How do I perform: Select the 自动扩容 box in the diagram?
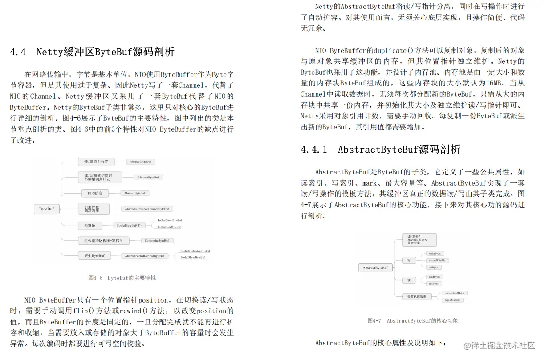tap(94, 193)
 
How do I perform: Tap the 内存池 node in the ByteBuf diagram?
tap(90, 226)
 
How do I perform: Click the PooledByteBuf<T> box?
tap(129, 226)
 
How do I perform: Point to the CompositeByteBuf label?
tap(157, 241)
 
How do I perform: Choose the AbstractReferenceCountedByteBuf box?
tap(146, 209)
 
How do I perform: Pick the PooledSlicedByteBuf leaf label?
tap(192, 257)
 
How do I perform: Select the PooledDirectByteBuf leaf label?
tap(170, 220)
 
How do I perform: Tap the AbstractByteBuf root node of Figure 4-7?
tap(375, 268)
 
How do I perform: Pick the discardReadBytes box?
tap(454, 293)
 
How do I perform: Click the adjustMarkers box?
tap(453, 300)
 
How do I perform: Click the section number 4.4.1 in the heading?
tap(314, 150)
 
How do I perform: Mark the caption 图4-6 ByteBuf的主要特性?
tap(122, 278)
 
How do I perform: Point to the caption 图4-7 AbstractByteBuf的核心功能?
tap(413, 321)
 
